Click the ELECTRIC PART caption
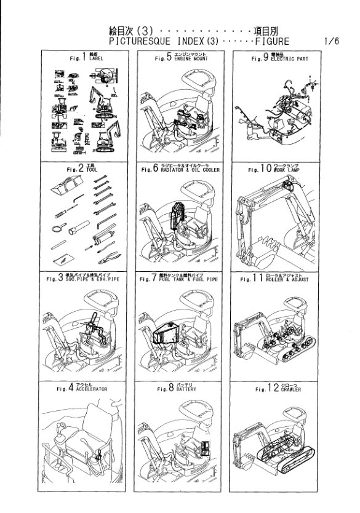pyautogui.click(x=284, y=60)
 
